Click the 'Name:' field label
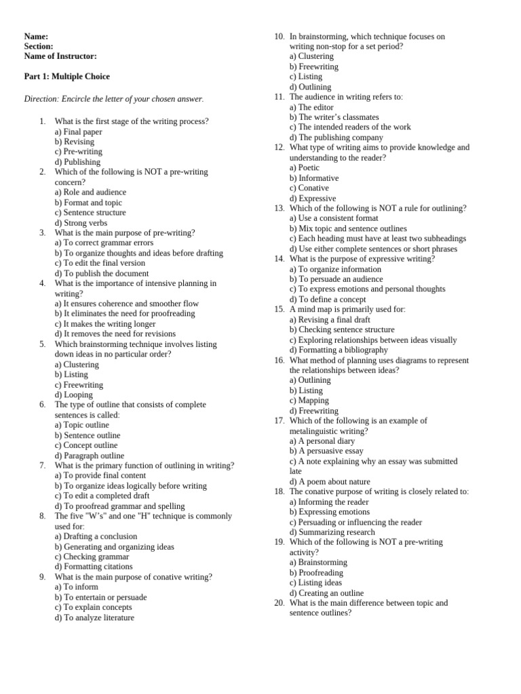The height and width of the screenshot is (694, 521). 36,37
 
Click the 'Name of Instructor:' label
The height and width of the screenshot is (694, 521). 60,56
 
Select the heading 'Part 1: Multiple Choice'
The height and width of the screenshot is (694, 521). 66,77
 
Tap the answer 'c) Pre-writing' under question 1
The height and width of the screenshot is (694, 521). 79,152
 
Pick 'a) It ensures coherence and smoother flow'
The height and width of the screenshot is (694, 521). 127,304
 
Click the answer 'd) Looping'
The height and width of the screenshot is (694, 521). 74,394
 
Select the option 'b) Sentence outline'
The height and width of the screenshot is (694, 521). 88,435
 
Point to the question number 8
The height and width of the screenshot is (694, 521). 42,516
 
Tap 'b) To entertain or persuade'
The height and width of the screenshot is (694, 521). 100,597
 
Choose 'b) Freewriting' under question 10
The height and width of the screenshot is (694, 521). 314,66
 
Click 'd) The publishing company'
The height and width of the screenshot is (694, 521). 336,137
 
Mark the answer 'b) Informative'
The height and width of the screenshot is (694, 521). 314,178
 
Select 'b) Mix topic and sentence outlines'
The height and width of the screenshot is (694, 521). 348,228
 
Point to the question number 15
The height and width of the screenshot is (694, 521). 279,309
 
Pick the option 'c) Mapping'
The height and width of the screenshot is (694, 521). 309,401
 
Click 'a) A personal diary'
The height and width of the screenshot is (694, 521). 322,441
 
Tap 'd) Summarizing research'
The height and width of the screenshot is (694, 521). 332,532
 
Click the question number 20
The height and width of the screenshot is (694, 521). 279,603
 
